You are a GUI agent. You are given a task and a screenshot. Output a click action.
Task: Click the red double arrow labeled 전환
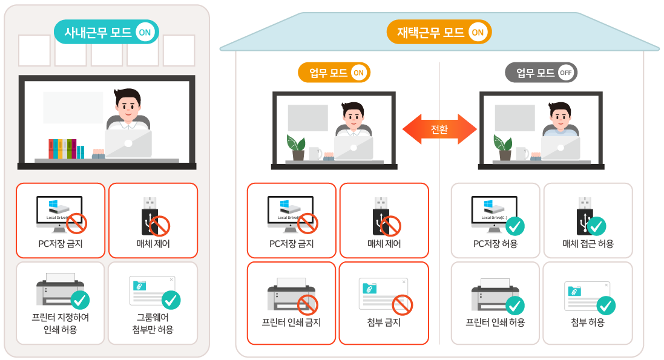click(x=439, y=129)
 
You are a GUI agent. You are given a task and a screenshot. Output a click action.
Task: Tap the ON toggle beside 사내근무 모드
click(x=145, y=32)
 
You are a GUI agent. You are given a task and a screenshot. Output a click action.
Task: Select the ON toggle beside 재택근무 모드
click(x=478, y=32)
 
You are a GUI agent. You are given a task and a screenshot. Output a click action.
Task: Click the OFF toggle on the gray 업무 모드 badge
click(x=565, y=73)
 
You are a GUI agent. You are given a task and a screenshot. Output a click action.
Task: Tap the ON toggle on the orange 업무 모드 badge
click(x=358, y=73)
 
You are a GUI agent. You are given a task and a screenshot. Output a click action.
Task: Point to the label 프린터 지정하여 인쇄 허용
click(x=61, y=323)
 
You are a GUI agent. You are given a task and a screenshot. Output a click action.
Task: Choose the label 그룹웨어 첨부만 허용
click(x=153, y=323)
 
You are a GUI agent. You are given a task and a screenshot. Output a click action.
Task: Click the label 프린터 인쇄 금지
click(x=291, y=322)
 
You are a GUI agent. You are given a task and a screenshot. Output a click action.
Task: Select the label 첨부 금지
click(x=384, y=322)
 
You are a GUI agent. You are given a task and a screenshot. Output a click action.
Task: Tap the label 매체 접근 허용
click(x=588, y=244)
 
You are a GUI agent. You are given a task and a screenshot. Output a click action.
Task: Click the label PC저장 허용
click(x=495, y=244)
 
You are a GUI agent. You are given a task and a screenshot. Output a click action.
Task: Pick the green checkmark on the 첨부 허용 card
click(x=606, y=305)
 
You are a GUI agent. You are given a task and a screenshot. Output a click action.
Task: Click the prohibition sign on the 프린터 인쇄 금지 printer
click(x=308, y=305)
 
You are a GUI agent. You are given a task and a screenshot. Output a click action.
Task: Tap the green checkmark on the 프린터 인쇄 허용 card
click(x=515, y=305)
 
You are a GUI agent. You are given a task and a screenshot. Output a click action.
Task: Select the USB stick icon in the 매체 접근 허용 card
click(x=583, y=215)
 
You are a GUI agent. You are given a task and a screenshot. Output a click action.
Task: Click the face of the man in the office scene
click(x=128, y=108)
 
